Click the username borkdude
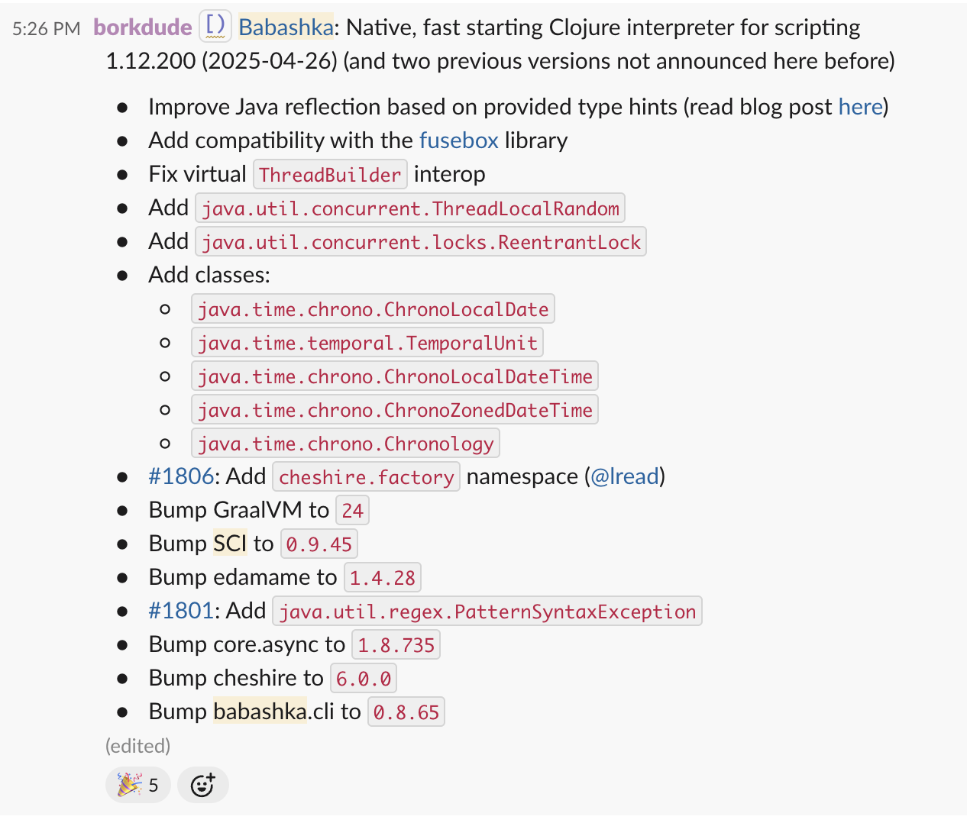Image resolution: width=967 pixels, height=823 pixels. (x=143, y=27)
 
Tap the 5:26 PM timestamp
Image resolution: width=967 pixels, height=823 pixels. (x=47, y=29)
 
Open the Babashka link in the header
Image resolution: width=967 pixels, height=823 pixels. (x=286, y=27)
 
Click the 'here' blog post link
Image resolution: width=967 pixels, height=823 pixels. (x=860, y=107)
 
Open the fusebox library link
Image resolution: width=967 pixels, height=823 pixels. (x=459, y=140)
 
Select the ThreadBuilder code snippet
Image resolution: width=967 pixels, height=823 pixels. (x=330, y=174)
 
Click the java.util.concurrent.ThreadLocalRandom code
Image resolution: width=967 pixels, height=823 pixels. (x=410, y=208)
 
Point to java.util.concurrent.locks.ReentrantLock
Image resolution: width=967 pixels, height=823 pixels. (x=421, y=242)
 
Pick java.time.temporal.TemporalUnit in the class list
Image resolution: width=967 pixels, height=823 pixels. (x=367, y=343)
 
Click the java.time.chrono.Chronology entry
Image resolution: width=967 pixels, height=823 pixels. (x=346, y=444)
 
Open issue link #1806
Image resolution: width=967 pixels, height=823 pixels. (x=181, y=476)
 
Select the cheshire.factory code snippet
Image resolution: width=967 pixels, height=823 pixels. (x=367, y=477)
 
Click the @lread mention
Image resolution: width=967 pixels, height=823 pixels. (x=625, y=476)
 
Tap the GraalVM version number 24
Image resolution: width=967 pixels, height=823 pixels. (x=352, y=511)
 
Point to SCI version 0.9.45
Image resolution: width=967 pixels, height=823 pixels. (x=319, y=544)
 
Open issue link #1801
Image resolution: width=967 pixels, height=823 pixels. (x=181, y=611)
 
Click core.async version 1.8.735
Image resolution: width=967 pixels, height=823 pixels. (x=396, y=645)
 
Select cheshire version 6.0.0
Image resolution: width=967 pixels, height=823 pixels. (x=364, y=679)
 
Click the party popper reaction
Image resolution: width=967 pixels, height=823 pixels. (x=138, y=785)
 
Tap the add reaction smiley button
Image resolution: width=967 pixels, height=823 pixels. (x=203, y=785)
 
